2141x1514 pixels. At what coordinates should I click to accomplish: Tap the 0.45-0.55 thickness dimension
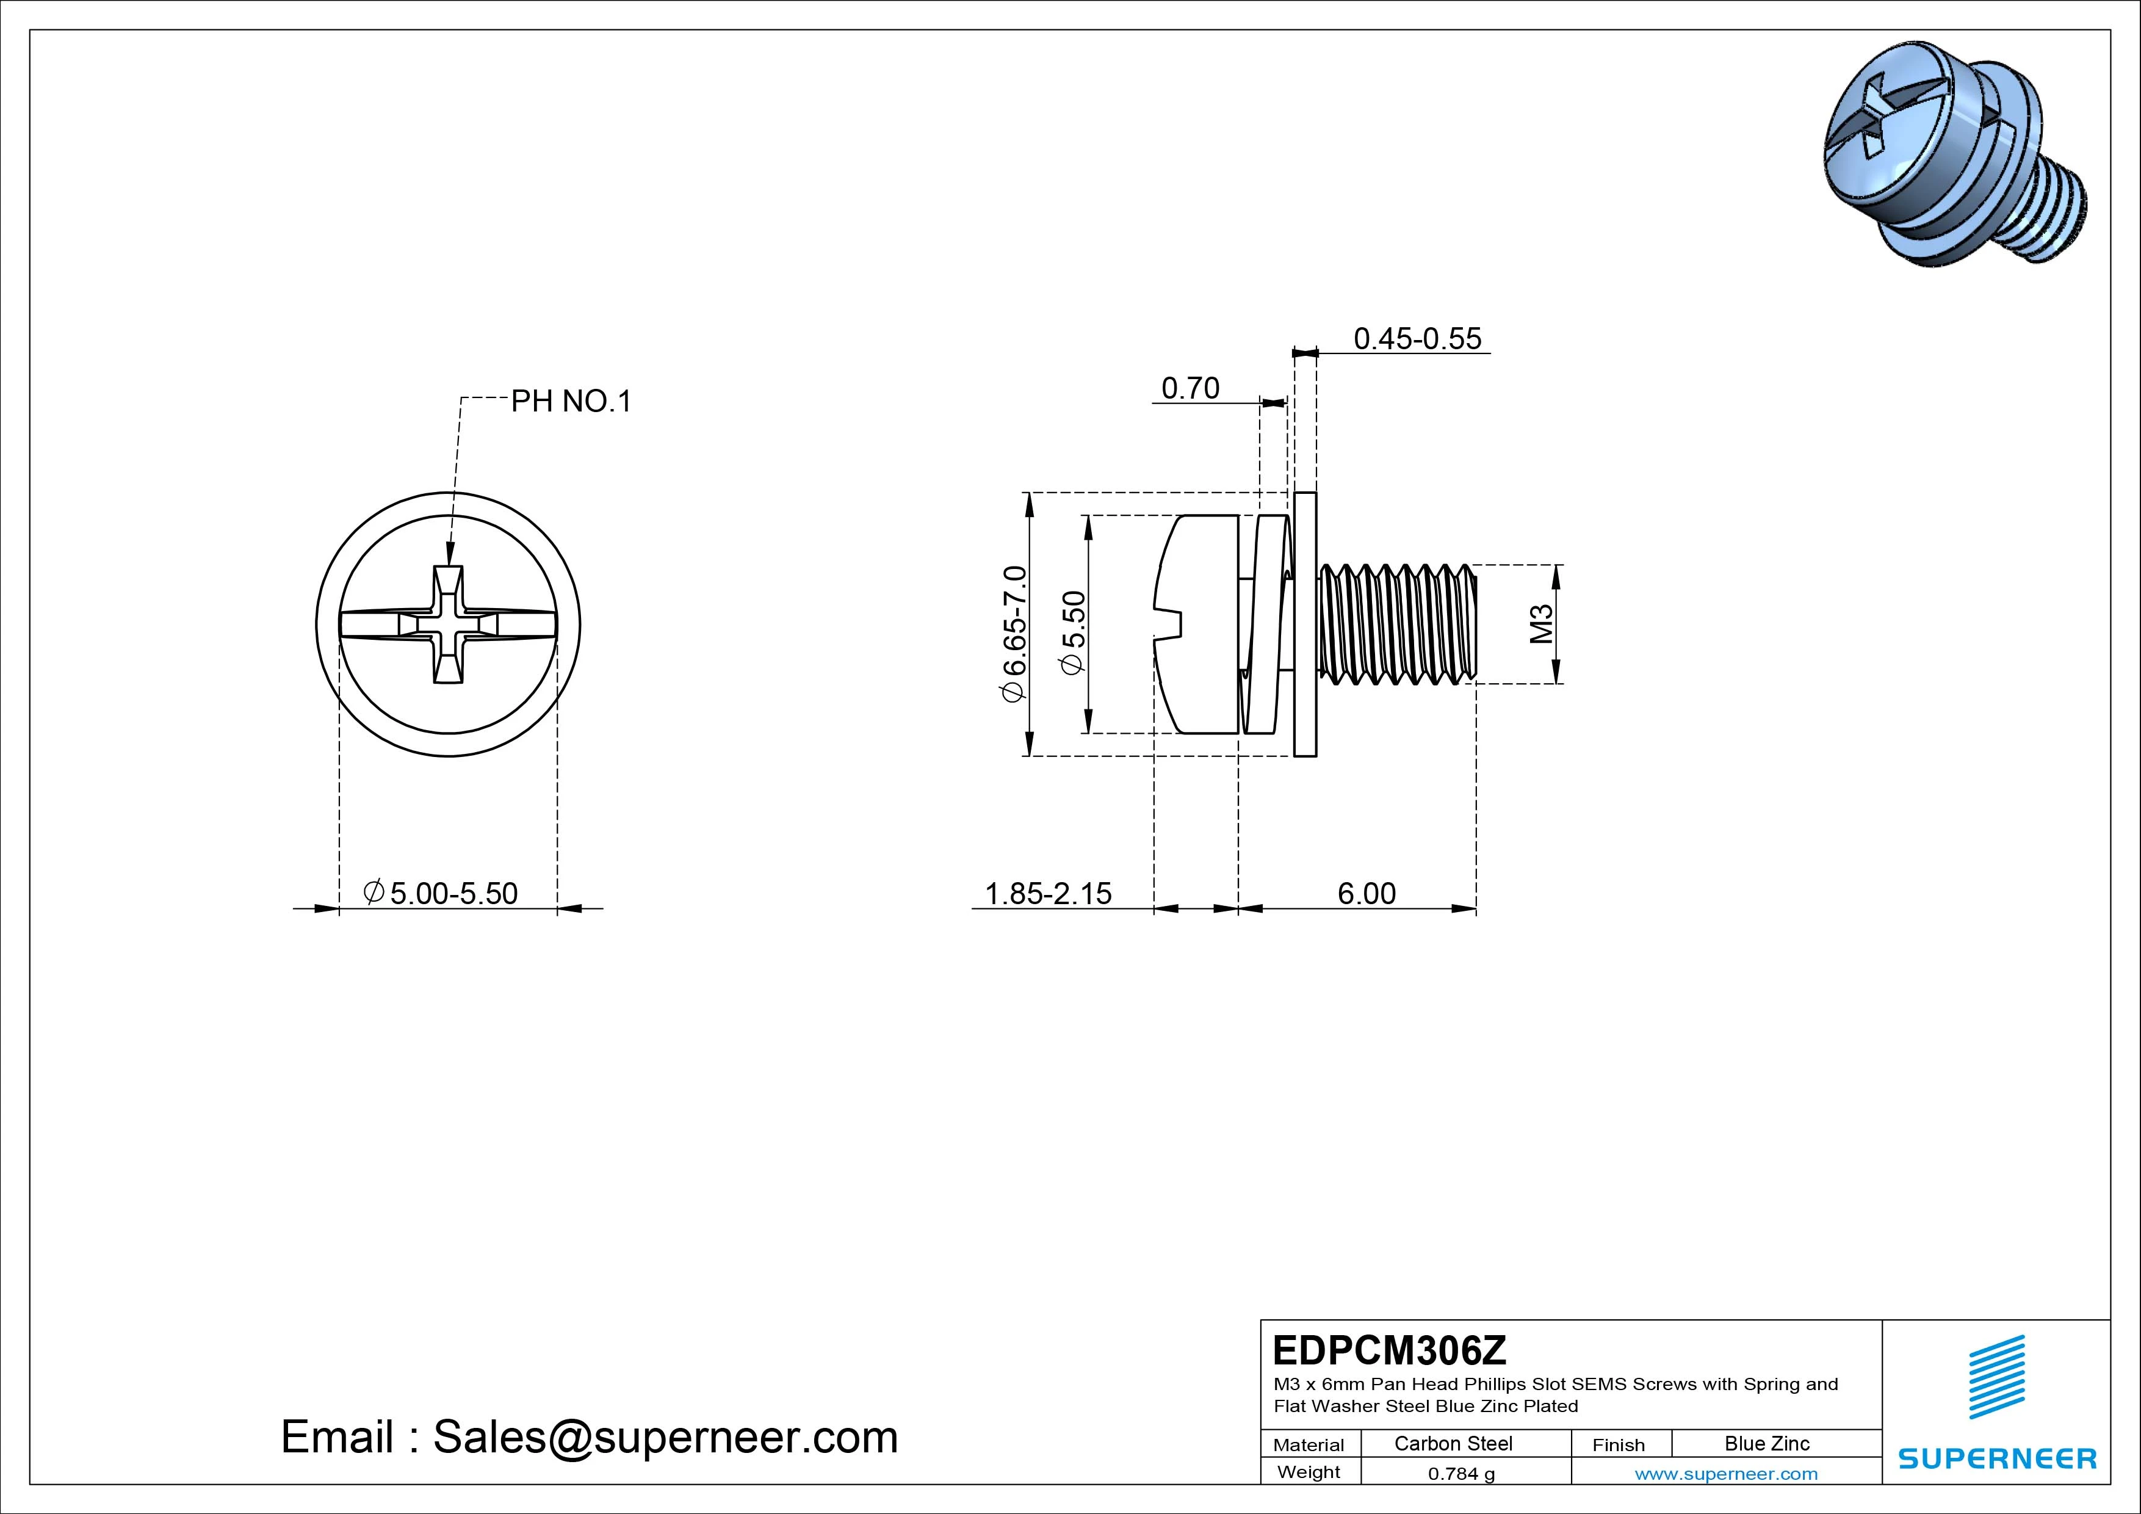pos(1417,339)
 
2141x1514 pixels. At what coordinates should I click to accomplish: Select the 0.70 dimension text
pos(1190,388)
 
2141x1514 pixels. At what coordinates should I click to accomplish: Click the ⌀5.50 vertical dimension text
pos(1074,631)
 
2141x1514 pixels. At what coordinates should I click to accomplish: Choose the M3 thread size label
pos(1542,624)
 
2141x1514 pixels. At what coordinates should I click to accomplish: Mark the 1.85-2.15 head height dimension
pos(1048,894)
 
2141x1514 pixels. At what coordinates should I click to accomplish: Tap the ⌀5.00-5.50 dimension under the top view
pos(441,894)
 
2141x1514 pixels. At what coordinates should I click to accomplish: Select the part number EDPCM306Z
pos(1388,1350)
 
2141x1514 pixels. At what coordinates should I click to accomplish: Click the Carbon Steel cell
pos(1453,1444)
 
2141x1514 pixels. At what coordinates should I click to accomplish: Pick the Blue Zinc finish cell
pos(1766,1444)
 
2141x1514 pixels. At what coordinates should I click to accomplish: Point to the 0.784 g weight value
pos(1461,1474)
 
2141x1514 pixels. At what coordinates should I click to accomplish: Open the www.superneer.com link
pos(1725,1474)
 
